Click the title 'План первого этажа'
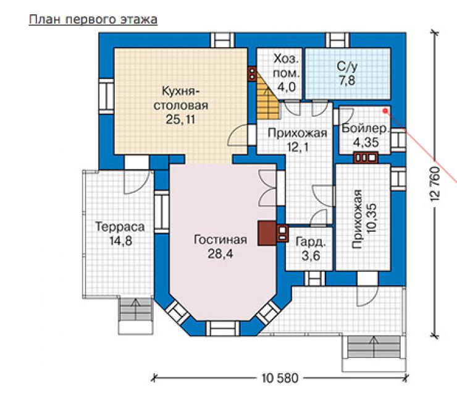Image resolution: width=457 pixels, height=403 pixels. [x=93, y=20]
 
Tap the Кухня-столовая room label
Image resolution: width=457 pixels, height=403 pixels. [x=181, y=98]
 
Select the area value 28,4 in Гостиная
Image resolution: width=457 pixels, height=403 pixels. [x=220, y=253]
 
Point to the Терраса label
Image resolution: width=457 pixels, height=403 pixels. [x=120, y=227]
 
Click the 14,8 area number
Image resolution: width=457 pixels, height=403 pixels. [x=120, y=241]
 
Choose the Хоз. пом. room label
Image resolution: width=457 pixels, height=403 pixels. [x=286, y=66]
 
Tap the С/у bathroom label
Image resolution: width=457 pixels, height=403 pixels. [x=347, y=67]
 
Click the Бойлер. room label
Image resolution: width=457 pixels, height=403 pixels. [x=366, y=129]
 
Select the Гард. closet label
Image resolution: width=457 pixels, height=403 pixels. [x=311, y=242]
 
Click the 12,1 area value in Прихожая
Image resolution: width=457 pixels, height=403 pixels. [x=298, y=147]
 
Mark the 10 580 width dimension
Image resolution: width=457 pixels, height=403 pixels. [x=280, y=378]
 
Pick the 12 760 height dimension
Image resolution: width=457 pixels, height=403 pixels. [x=434, y=184]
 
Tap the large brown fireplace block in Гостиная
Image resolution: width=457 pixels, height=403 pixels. [x=267, y=233]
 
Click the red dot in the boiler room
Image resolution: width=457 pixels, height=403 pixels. [x=385, y=111]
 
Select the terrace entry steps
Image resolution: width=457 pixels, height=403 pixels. [x=135, y=316]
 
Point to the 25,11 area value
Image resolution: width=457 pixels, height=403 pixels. [x=180, y=119]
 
